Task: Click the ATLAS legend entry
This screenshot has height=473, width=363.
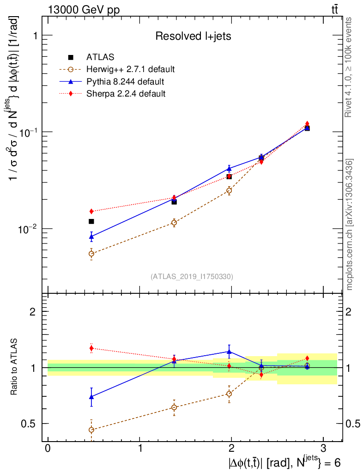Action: (x=100, y=57)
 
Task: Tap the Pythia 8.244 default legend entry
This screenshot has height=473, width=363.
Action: (x=125, y=82)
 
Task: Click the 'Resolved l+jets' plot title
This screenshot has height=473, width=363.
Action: (x=193, y=36)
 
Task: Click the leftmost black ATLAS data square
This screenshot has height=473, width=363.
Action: (x=91, y=222)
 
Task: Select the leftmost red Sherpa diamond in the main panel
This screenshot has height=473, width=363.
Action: (x=91, y=211)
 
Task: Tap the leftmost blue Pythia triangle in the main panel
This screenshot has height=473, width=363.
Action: (x=91, y=236)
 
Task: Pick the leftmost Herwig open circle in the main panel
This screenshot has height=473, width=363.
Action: (x=91, y=254)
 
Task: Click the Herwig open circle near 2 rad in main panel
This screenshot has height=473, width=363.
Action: (x=229, y=190)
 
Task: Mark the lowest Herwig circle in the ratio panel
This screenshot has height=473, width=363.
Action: (x=91, y=430)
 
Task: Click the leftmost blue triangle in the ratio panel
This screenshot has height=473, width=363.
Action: (x=91, y=396)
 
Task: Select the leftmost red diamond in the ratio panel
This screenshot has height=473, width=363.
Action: (x=91, y=348)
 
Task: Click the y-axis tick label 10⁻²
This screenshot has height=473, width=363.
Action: (x=28, y=228)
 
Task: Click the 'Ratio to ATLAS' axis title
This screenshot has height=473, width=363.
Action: (x=14, y=368)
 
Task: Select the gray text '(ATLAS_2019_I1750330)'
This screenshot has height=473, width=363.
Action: (x=192, y=277)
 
